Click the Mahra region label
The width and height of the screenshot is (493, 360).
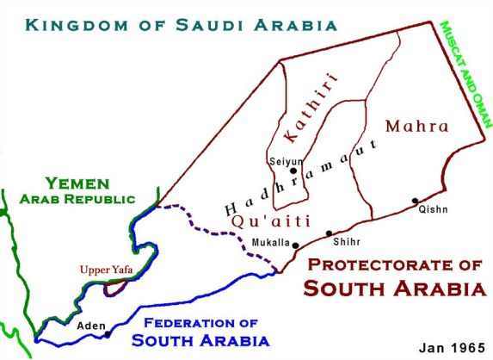(x=416, y=127)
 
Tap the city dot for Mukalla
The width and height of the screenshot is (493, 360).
(x=296, y=245)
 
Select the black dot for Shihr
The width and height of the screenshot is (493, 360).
(x=329, y=233)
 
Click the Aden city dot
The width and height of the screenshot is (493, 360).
(x=108, y=334)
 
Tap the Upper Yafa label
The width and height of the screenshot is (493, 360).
(x=107, y=270)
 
